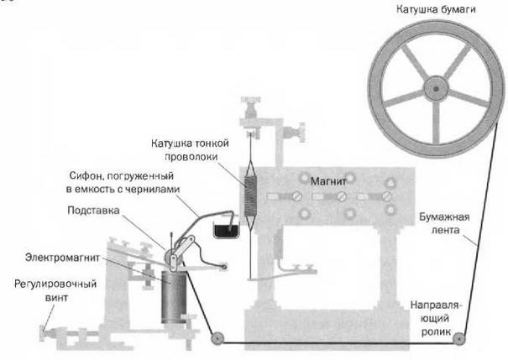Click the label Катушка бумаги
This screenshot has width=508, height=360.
tap(438, 9)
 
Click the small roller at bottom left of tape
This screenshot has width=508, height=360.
tap(217, 339)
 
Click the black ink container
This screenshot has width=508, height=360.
tap(226, 228)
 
